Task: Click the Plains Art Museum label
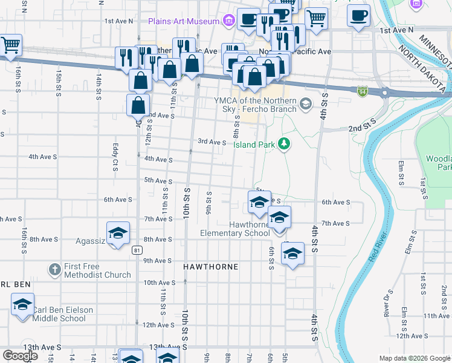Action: tap(184, 21)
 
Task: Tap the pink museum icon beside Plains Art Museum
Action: tap(228, 22)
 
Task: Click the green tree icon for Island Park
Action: tap(283, 144)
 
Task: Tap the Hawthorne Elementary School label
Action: tap(241, 229)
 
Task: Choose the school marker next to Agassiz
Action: tap(118, 234)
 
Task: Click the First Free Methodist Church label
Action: tap(97, 270)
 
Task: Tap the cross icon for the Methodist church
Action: tap(54, 269)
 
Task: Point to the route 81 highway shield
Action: tap(138, 250)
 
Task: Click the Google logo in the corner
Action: tap(20, 356)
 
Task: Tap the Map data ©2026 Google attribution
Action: tap(413, 358)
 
